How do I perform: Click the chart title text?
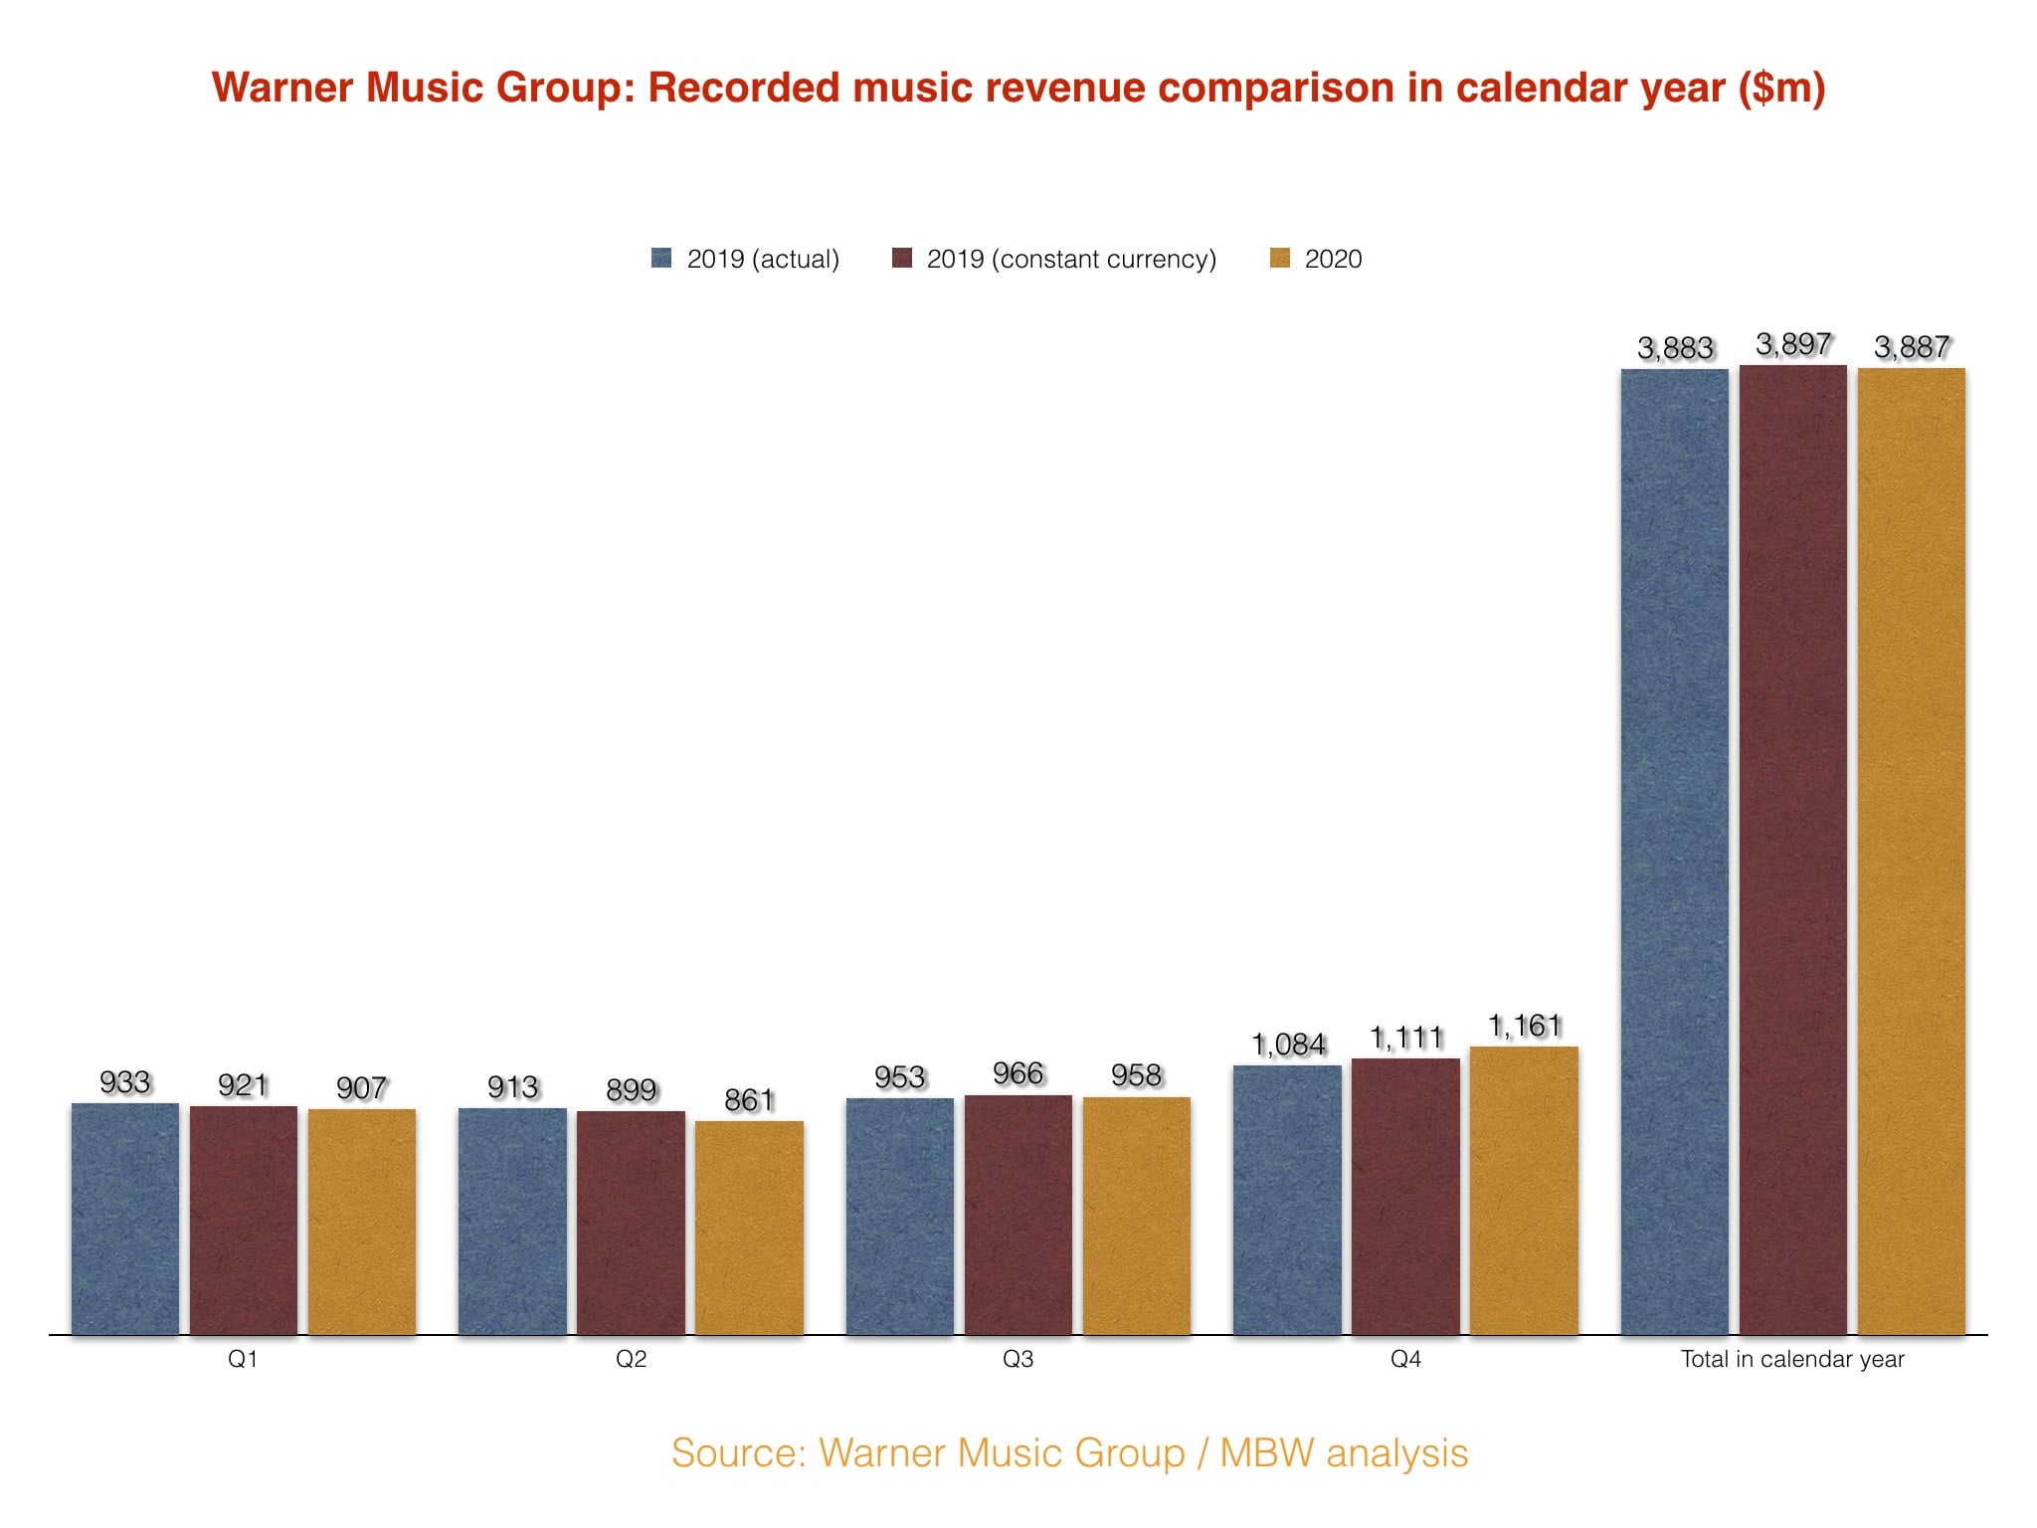pos(1018,88)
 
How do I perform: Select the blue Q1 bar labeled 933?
pos(125,1219)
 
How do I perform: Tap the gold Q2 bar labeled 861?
pos(749,1228)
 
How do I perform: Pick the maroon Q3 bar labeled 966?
pos(1018,1215)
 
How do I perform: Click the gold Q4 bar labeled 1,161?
pos(1524,1190)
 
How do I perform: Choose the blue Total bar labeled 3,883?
pos(1675,852)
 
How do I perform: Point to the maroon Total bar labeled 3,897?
pos(1793,850)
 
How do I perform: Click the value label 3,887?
pos(1912,347)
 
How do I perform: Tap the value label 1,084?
pos(1288,1045)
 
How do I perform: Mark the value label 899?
pos(632,1090)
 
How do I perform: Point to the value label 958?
pos(1137,1075)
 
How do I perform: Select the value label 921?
pos(244,1085)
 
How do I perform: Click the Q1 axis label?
pos(244,1359)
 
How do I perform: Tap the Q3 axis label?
pos(1018,1359)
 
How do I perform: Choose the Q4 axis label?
pos(1405,1359)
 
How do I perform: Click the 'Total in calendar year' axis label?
pos(1792,1359)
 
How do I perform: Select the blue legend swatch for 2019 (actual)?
pos(661,259)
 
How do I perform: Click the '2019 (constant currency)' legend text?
pos(1071,260)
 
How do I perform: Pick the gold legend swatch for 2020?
pos(1280,259)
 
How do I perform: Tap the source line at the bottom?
pos(1069,1452)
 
